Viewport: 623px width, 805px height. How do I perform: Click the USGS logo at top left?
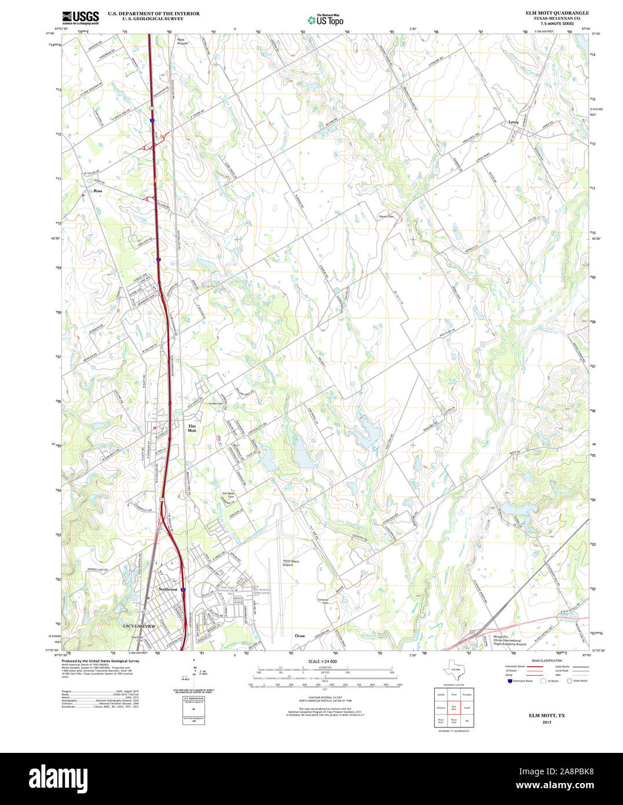[x=80, y=16]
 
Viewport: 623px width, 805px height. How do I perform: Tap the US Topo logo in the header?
[x=325, y=20]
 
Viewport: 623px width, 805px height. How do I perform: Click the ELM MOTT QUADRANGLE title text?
[x=557, y=13]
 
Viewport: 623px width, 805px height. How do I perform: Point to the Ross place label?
[x=98, y=191]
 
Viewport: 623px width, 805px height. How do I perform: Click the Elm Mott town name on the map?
[x=192, y=429]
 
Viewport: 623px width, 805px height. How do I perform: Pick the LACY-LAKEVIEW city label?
[x=140, y=627]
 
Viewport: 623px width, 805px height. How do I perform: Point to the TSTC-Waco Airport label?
[x=291, y=562]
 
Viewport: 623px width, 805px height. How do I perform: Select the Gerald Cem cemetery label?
[x=386, y=217]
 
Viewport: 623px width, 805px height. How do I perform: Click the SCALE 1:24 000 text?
[x=323, y=661]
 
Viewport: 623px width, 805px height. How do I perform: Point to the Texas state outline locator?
[x=451, y=671]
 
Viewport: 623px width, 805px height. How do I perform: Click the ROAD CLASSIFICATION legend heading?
[x=546, y=661]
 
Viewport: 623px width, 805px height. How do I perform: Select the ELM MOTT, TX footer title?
[x=547, y=716]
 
